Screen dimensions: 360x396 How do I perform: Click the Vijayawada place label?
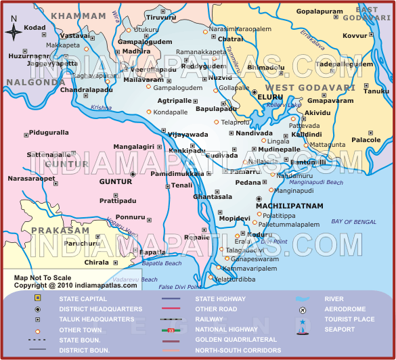click(188, 135)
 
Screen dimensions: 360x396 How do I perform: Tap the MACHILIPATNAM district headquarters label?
click(290, 205)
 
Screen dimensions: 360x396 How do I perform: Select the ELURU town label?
click(269, 97)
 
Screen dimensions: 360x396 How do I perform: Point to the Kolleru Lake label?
click(284, 105)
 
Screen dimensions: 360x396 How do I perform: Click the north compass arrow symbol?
click(13, 30)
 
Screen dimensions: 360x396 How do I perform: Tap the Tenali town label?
click(181, 185)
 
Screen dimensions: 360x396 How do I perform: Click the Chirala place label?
click(97, 262)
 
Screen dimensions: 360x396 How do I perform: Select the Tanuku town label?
click(377, 91)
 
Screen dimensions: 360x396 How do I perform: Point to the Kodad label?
click(35, 28)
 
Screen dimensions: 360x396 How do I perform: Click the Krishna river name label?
click(101, 107)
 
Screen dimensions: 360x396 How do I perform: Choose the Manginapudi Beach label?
click(316, 182)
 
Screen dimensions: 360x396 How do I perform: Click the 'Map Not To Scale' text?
click(43, 277)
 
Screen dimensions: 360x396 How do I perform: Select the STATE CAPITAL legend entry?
click(83, 298)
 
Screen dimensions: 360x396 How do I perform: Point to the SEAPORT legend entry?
click(339, 330)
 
